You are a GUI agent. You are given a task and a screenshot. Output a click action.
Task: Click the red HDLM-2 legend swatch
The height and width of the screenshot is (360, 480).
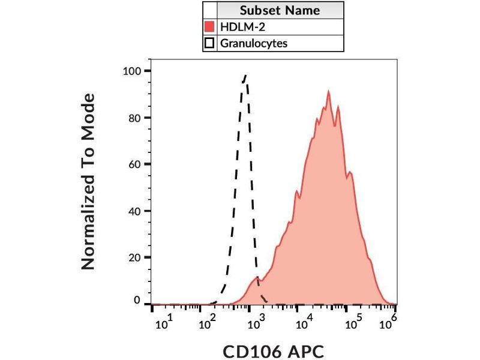209,27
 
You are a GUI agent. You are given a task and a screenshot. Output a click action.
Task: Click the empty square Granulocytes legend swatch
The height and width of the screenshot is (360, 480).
209,43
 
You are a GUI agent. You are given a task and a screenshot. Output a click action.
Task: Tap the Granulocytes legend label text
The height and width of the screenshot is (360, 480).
254,43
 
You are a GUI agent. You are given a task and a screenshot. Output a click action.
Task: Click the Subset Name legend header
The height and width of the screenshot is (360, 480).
280,10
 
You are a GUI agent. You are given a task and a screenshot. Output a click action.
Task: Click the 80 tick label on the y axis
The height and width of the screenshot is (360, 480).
135,118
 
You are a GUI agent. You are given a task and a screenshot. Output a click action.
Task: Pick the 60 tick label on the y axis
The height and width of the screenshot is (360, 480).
135,164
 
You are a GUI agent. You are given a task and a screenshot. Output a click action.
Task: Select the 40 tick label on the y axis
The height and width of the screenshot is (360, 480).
135,211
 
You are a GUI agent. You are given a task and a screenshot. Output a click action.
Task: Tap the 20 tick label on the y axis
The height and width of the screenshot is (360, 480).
135,257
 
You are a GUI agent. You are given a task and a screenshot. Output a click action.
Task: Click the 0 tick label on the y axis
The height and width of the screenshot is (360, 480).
138,300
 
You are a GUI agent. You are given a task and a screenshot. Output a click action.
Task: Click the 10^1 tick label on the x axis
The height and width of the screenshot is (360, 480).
164,322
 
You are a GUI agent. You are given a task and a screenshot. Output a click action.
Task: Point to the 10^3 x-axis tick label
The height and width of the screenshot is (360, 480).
258,322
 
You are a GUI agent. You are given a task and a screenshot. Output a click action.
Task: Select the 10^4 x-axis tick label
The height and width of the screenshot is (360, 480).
305,322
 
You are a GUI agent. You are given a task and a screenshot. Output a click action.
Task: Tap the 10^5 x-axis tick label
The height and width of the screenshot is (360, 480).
352,322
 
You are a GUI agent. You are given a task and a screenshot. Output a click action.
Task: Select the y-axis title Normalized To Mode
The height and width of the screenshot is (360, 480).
88,181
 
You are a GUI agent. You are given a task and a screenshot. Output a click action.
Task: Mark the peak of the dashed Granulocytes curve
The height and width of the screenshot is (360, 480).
245,76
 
